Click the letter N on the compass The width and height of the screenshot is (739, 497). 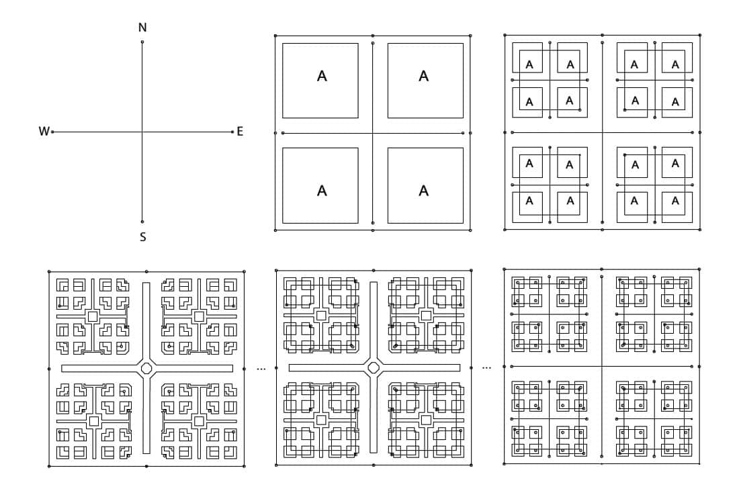click(x=142, y=28)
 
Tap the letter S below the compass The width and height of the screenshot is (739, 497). click(x=142, y=236)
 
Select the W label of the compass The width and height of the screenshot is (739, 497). click(x=44, y=132)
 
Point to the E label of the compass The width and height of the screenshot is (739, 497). click(x=240, y=132)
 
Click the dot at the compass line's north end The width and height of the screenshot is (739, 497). click(x=142, y=42)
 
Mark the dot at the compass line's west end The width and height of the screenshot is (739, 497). click(x=52, y=132)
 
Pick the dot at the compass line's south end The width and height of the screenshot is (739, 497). click(x=142, y=222)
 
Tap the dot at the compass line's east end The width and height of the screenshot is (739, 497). click(x=232, y=132)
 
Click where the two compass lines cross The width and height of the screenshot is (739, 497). click(x=142, y=132)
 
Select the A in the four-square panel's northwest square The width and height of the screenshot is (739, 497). click(x=322, y=77)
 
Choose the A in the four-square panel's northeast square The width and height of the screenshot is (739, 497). click(x=424, y=76)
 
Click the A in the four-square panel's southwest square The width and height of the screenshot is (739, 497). click(x=322, y=191)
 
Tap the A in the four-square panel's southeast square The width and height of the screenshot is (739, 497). click(x=424, y=191)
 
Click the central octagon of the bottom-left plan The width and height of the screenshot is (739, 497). click(x=146, y=367)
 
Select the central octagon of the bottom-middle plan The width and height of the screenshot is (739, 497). click(x=374, y=367)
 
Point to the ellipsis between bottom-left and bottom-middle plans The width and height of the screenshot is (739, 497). click(x=261, y=369)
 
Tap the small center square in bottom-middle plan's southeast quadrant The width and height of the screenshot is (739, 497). click(x=425, y=420)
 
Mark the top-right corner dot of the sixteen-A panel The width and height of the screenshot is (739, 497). click(x=699, y=35)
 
